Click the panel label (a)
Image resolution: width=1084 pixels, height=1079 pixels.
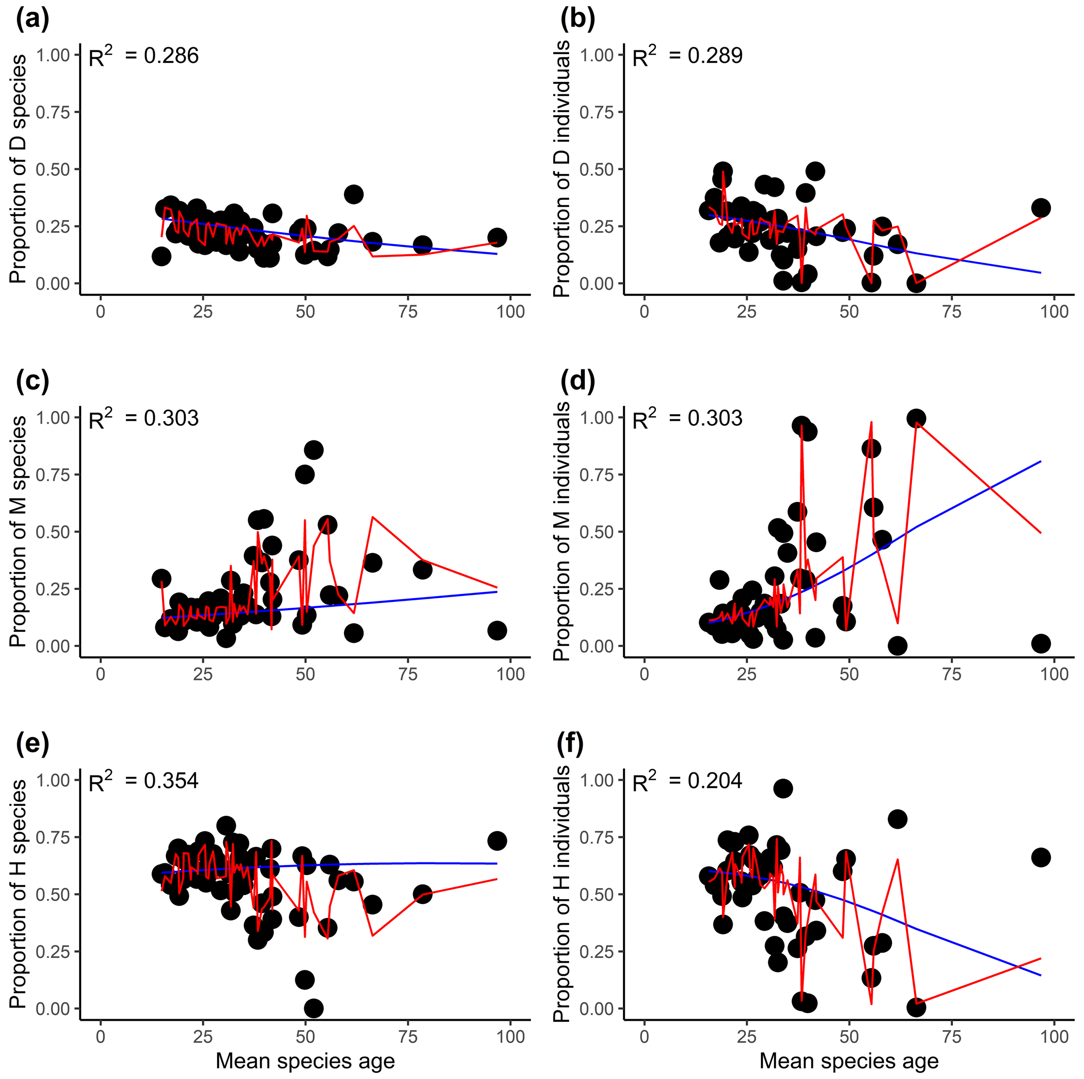(33, 19)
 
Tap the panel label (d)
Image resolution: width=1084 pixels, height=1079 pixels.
(577, 381)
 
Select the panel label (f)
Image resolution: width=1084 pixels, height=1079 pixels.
(570, 743)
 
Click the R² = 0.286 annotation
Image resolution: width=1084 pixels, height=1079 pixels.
(144, 56)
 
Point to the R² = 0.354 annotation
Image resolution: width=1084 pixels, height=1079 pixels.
(144, 781)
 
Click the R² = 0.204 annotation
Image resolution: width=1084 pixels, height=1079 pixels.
(688, 781)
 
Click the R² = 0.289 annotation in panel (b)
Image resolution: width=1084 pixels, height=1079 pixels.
(688, 56)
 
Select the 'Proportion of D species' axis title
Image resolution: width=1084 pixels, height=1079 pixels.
(18, 169)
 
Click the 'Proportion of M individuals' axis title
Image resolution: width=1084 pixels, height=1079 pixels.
(562, 531)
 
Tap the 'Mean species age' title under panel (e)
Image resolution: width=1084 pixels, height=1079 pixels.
(305, 1061)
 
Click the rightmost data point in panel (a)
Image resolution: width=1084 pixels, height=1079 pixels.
(497, 237)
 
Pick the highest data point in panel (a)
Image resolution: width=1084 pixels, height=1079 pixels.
(353, 195)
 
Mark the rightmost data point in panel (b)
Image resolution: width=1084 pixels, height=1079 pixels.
(1041, 208)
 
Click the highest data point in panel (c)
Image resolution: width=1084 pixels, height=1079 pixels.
(314, 450)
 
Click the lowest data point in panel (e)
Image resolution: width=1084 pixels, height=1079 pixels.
(314, 1008)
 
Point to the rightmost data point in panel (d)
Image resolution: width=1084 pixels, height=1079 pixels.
(1041, 643)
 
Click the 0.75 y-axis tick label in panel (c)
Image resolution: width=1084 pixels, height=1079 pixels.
(53, 474)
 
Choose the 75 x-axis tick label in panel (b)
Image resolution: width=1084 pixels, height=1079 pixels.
(952, 311)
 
